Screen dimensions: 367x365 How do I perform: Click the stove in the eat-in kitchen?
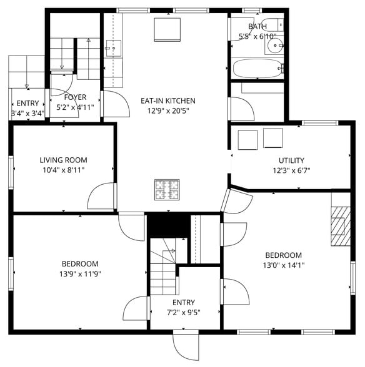point(167,190)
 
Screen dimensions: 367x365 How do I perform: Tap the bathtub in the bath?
point(256,67)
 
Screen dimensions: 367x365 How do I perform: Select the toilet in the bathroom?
point(272,26)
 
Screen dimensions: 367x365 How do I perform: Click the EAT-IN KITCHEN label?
point(167,100)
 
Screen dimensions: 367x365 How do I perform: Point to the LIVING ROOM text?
point(63,160)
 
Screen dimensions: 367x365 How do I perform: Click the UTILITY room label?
point(291,160)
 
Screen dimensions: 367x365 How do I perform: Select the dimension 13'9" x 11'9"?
point(80,273)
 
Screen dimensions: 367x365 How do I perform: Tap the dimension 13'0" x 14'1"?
point(283,265)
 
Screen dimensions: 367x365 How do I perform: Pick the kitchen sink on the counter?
point(114,46)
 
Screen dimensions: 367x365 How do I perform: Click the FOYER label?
point(75,97)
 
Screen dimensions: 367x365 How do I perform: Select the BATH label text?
point(257,27)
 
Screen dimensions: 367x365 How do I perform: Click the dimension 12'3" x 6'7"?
point(291,170)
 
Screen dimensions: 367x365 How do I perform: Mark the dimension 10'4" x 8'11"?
point(63,170)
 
